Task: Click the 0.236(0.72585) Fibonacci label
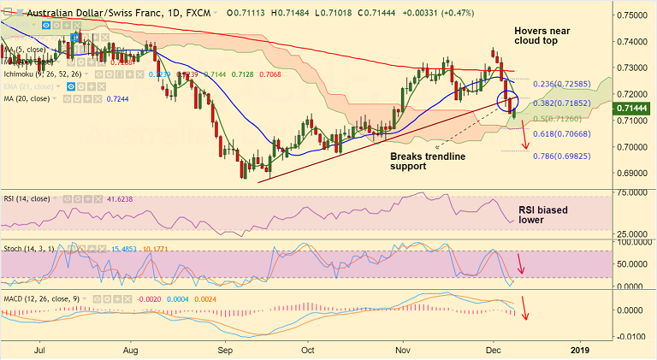[565, 85]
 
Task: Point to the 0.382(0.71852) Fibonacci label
[565, 102]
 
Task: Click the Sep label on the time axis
[226, 350]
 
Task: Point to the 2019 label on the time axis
[580, 350]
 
